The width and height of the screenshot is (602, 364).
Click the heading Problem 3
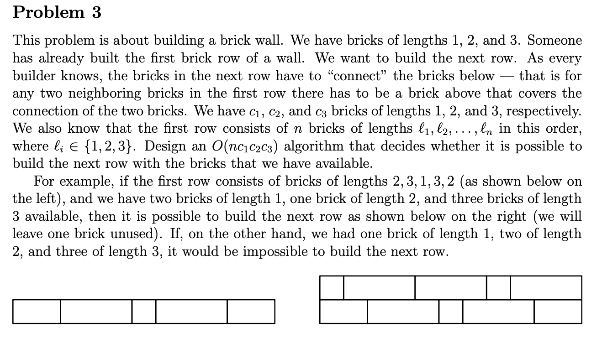coord(57,12)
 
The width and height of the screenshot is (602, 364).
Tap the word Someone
coord(554,41)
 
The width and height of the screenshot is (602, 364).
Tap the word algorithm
coord(304,146)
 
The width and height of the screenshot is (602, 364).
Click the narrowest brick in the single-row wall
coord(144,311)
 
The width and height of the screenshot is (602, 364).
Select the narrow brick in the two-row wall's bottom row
coord(451,311)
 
